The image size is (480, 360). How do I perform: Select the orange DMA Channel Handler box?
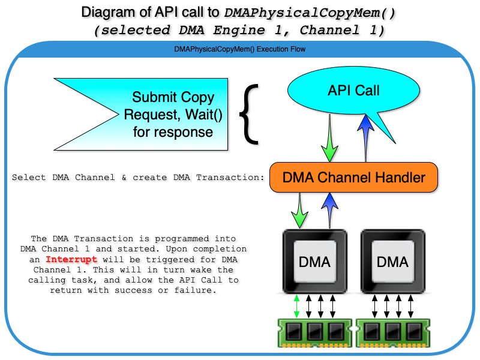pyautogui.click(x=353, y=178)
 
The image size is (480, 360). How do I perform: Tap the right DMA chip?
pyautogui.click(x=392, y=262)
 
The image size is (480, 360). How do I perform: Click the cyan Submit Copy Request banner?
pyautogui.click(x=150, y=114)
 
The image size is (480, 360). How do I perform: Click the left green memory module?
pyautogui.click(x=316, y=332)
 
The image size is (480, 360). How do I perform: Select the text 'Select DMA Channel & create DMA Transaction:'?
pyautogui.click(x=138, y=178)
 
